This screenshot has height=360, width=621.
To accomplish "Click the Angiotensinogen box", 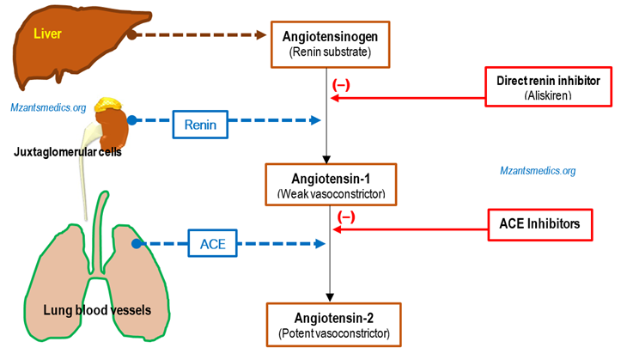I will tap(330, 43).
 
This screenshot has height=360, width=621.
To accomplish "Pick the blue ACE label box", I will tap(212, 245).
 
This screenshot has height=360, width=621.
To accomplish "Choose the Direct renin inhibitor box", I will tap(547, 86).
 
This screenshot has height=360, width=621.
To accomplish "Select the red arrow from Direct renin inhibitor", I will tap(408, 98).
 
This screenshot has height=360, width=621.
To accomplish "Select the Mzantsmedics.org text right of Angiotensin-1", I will tap(538, 171).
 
